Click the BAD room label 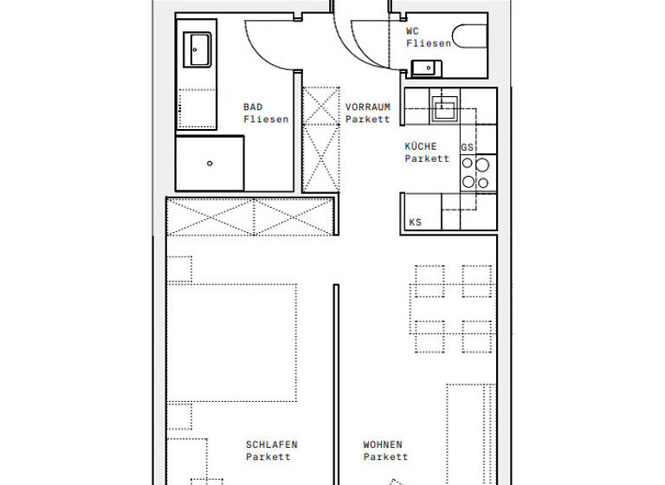tap(253, 107)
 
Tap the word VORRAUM tap(368, 107)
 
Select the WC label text tap(413, 31)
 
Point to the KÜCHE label tap(421, 146)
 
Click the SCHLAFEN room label tap(271, 445)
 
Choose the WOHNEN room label tap(383, 445)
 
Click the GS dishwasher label tap(468, 148)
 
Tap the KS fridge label tap(416, 223)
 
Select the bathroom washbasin tap(197, 50)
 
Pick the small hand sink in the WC tap(425, 68)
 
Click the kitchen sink tap(447, 109)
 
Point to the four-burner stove tap(475, 172)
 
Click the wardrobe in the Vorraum tap(321, 139)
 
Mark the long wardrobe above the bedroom tap(251, 216)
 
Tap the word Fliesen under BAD tap(266, 120)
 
